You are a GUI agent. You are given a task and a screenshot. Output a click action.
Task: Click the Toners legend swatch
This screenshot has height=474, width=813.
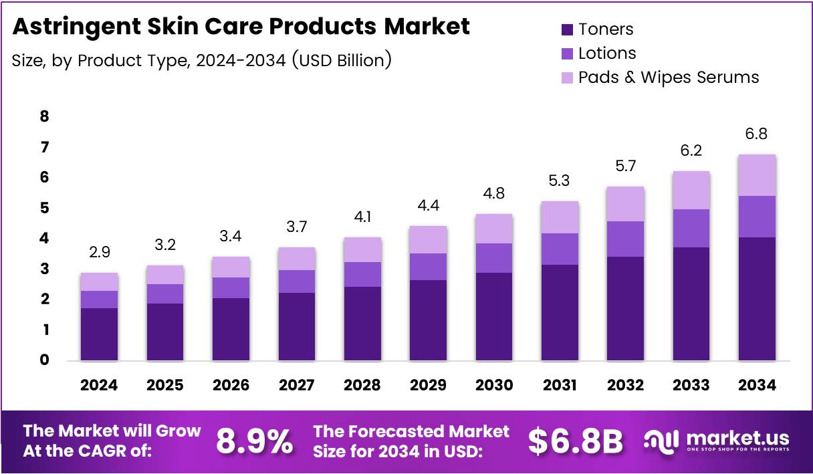pyautogui.click(x=567, y=29)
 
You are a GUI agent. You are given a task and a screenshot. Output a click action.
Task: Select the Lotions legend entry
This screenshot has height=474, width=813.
pyautogui.click(x=607, y=53)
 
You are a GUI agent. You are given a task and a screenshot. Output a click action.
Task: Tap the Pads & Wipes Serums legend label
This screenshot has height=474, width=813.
pyautogui.click(x=669, y=78)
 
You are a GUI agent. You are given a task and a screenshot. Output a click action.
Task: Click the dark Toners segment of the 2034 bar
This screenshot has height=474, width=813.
pyautogui.click(x=757, y=299)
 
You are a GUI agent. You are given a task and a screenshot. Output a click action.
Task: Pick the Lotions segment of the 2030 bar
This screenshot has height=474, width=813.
pyautogui.click(x=494, y=258)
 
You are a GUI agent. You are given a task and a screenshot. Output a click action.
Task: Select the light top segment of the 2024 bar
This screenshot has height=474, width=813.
pyautogui.click(x=99, y=281)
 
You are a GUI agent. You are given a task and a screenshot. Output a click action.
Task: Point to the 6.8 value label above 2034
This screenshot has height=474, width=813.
pyautogui.click(x=757, y=134)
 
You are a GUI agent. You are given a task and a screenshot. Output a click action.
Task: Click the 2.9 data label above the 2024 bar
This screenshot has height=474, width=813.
pyautogui.click(x=99, y=253)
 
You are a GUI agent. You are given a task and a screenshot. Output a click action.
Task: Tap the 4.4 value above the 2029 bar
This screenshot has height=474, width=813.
pyautogui.click(x=429, y=206)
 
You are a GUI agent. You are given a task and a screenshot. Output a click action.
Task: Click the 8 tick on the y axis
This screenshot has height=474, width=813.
pyautogui.click(x=45, y=116)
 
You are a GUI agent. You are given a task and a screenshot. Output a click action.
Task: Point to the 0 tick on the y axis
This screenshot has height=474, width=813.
pyautogui.click(x=45, y=360)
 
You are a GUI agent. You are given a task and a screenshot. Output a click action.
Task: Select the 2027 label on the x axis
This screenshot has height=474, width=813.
pyautogui.click(x=296, y=386)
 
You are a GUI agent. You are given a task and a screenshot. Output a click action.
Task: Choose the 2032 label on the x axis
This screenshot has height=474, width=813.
pyautogui.click(x=625, y=386)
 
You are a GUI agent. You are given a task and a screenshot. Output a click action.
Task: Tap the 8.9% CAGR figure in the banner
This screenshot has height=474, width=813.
pyautogui.click(x=254, y=442)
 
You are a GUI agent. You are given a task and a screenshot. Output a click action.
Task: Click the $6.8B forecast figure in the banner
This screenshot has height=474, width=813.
pyautogui.click(x=576, y=442)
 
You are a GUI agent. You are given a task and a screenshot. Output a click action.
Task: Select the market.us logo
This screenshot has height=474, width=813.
pyautogui.click(x=716, y=441)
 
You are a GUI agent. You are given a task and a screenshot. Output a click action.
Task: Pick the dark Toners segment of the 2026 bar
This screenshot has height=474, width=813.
pyautogui.click(x=231, y=329)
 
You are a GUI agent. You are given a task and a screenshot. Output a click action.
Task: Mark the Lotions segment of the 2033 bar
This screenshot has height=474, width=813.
pyautogui.click(x=691, y=228)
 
